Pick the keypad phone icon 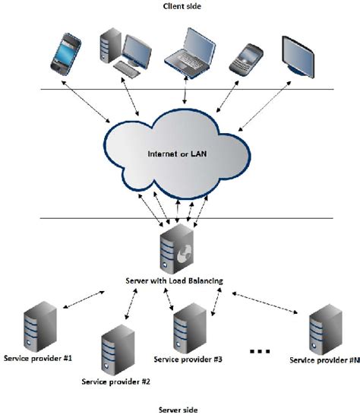[246, 56]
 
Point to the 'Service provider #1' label [38, 357]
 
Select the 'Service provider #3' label [187, 358]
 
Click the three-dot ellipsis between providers [260, 351]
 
